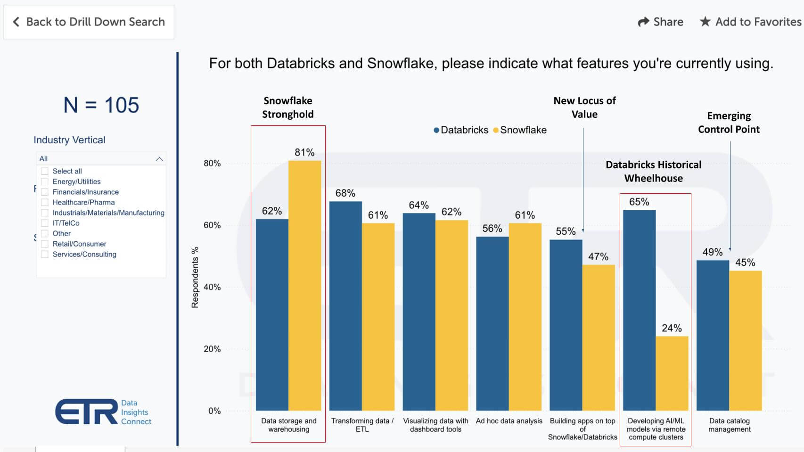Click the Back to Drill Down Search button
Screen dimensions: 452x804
(89, 22)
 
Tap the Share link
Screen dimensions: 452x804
(660, 22)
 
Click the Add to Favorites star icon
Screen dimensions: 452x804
(705, 22)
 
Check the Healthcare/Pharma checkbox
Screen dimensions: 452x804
(45, 202)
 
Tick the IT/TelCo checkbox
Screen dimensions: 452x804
(45, 223)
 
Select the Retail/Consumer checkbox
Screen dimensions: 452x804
(45, 244)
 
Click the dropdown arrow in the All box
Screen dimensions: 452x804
(159, 159)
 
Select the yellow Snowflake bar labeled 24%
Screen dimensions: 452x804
(672, 373)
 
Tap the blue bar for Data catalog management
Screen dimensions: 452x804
(713, 335)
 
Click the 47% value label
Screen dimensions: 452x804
(598, 257)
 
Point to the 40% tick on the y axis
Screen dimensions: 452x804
(212, 287)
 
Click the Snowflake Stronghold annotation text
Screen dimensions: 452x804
(287, 107)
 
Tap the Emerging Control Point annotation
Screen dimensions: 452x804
(729, 123)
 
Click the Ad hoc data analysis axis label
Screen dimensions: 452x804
(509, 421)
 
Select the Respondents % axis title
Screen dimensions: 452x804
(195, 278)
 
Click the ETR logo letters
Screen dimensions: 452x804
(86, 412)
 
